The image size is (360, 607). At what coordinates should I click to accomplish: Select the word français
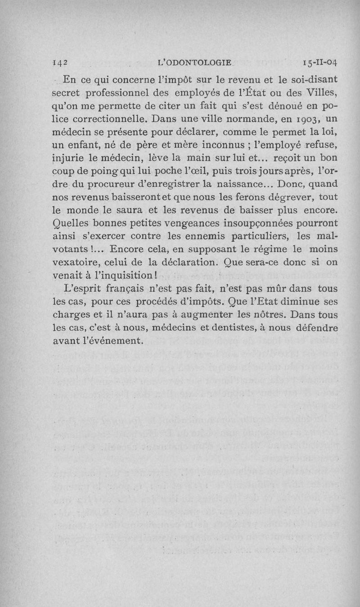click(x=126, y=288)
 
